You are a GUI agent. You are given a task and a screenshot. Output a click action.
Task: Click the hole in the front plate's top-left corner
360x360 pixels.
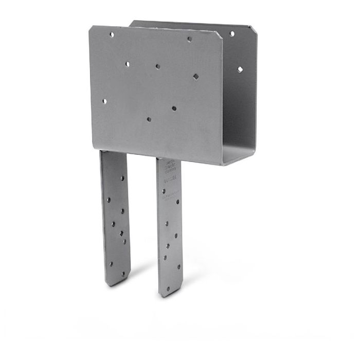[112, 34]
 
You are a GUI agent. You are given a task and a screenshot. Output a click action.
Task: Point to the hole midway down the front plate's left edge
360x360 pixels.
[104, 101]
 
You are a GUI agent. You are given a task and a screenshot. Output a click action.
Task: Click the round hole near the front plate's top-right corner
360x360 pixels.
[189, 39]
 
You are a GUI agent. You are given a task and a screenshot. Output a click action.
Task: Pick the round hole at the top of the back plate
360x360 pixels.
[232, 33]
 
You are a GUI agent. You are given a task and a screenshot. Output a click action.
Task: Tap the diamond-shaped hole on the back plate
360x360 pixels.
[240, 68]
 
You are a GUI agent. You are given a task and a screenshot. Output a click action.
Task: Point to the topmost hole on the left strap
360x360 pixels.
[122, 178]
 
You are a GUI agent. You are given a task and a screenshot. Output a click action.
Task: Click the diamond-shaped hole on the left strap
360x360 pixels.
[122, 233]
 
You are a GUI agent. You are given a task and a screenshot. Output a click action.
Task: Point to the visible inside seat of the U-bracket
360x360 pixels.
[240, 154]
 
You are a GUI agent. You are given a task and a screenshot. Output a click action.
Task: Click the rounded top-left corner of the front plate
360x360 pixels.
[93, 28]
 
